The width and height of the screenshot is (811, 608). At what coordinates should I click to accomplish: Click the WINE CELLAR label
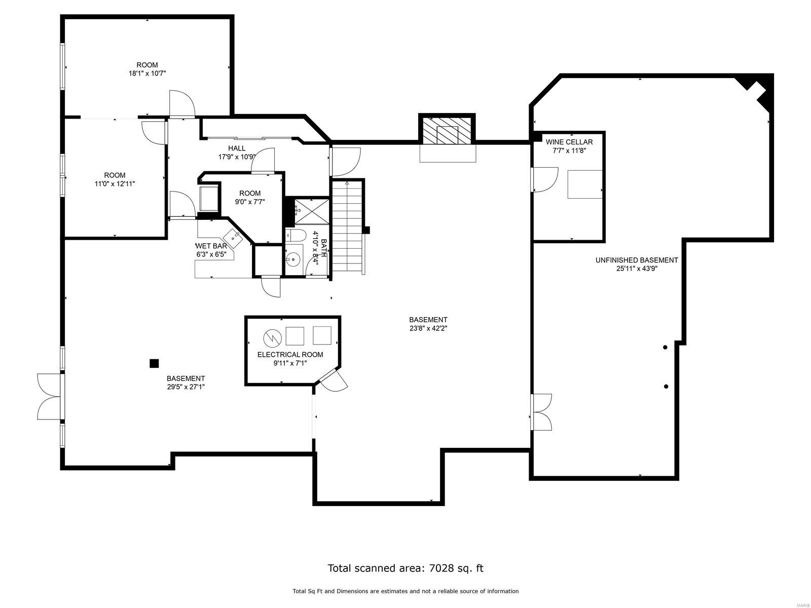click(569, 142)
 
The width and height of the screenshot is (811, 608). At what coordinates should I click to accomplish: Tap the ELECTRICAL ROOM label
click(290, 355)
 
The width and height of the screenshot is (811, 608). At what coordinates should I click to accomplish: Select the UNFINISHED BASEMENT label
click(636, 260)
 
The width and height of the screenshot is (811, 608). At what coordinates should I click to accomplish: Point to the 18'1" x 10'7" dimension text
click(147, 73)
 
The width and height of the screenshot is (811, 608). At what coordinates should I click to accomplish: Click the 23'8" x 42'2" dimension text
click(428, 328)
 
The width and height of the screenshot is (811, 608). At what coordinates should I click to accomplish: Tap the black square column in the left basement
click(154, 363)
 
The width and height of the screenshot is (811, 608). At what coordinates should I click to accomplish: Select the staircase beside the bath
click(348, 228)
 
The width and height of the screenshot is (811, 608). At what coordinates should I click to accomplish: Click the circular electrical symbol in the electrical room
click(272, 336)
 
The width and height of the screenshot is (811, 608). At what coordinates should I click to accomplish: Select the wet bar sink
click(233, 236)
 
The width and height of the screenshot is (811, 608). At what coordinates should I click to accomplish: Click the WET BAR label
click(211, 246)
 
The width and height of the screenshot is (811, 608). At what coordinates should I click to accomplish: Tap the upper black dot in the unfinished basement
click(665, 347)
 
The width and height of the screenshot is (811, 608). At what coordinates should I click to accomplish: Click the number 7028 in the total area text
click(439, 568)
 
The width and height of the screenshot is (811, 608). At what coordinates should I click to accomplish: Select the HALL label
click(237, 148)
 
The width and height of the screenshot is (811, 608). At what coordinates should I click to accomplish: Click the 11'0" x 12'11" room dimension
click(115, 184)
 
